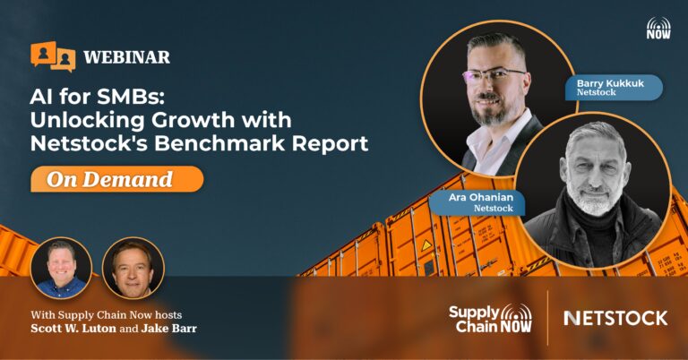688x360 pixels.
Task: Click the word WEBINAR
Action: (126, 57)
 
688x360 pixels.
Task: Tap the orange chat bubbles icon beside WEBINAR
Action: (53, 56)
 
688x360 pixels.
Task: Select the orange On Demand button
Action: (116, 179)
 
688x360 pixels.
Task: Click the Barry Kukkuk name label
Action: (614, 87)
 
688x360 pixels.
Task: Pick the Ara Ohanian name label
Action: (477, 202)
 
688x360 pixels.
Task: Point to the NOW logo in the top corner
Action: (658, 28)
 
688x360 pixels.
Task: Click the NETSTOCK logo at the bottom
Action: (615, 318)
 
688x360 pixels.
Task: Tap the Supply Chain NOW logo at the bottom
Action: (490, 318)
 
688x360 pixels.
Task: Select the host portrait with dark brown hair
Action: (133, 268)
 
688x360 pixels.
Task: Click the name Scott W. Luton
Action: (73, 328)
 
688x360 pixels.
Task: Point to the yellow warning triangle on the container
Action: (426, 245)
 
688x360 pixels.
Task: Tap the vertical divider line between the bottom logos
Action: (547, 318)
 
